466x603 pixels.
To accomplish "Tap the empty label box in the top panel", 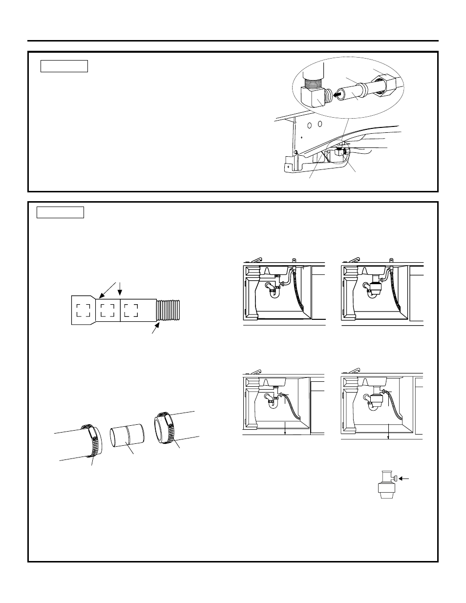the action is tap(64, 66).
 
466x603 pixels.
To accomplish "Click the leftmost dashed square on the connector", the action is tap(83, 310).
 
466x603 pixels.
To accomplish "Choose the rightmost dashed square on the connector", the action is tap(130, 310).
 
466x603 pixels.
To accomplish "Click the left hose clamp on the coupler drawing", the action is tap(91, 441).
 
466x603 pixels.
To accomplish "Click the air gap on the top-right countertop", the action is tap(391, 260).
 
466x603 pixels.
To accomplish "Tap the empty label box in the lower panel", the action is tap(61, 212).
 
